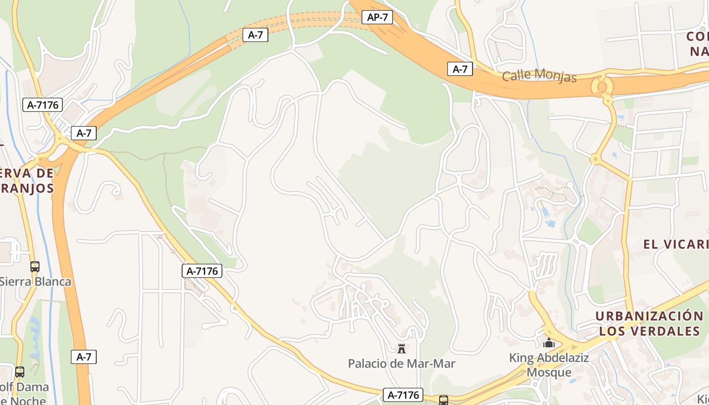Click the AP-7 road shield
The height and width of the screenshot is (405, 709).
[x=378, y=17]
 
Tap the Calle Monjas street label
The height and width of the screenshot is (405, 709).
[x=539, y=76]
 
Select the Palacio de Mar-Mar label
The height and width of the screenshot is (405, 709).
[x=401, y=363]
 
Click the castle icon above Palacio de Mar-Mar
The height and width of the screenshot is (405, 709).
[x=402, y=348]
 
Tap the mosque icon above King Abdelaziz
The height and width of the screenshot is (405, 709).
[x=549, y=343]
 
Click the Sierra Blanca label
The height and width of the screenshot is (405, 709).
[x=34, y=281]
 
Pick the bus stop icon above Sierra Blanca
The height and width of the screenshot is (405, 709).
[x=34, y=266]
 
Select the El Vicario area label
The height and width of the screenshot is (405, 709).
[x=676, y=245]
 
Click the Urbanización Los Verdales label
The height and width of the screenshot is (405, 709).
[x=649, y=323]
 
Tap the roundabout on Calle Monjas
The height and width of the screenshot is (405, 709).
[x=602, y=86]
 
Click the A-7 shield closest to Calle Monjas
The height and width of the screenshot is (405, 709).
[x=460, y=69]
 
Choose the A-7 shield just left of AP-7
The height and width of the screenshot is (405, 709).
[x=255, y=35]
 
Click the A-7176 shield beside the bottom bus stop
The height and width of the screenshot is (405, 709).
[x=403, y=395]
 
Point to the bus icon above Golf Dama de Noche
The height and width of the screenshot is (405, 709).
[x=19, y=372]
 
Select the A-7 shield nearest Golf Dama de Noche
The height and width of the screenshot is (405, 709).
[x=84, y=357]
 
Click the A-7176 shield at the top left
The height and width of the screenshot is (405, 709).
[x=43, y=105]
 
